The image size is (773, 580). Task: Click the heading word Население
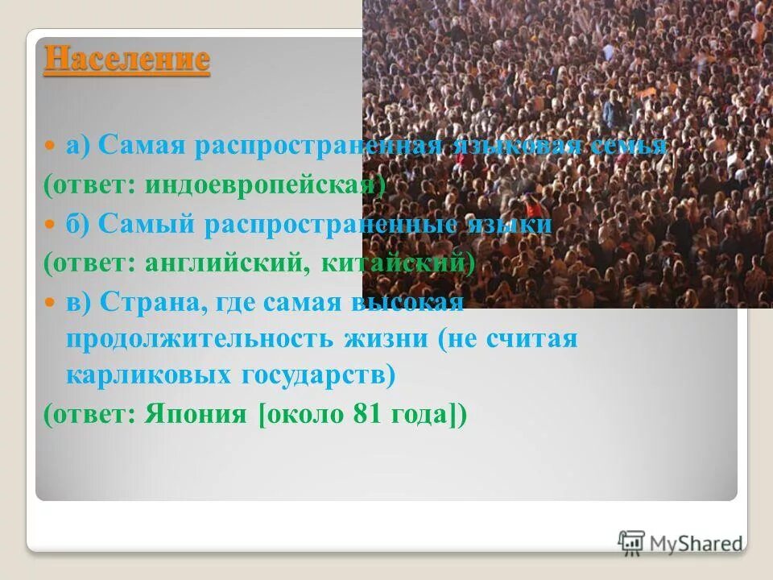coord(126,60)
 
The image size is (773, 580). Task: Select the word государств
coord(312,376)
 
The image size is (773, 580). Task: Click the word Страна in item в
coord(144,301)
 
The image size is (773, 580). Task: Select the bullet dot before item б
coord(50,226)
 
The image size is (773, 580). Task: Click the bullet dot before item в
coord(50,302)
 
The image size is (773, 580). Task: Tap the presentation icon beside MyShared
coord(631,542)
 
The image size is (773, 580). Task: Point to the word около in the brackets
coord(304,414)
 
